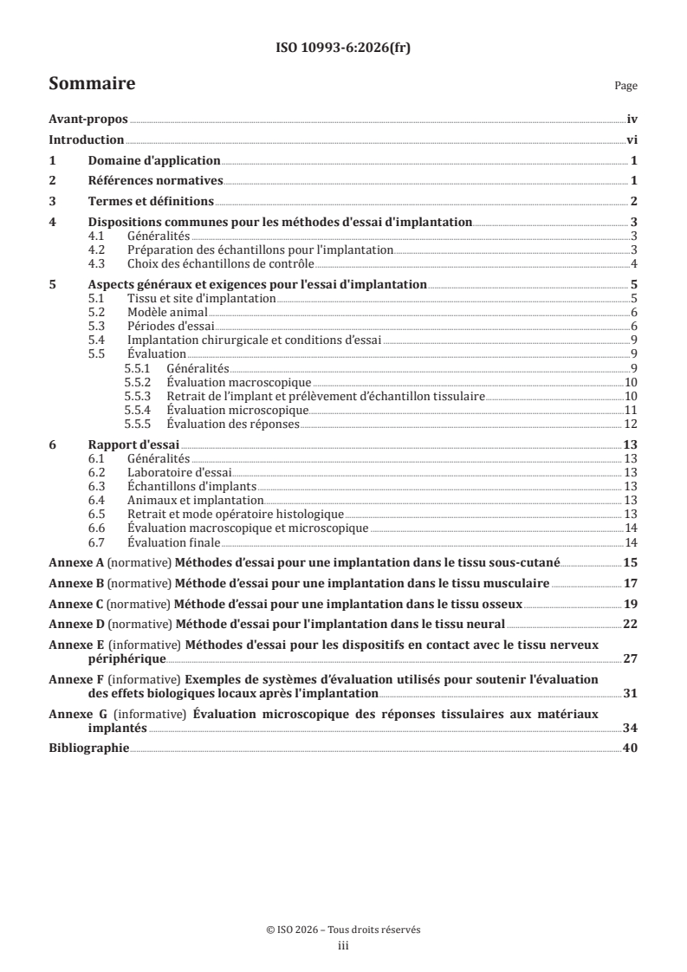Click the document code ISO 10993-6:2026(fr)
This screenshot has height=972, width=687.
[343, 49]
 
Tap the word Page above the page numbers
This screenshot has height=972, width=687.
[625, 87]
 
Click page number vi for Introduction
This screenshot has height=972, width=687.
[632, 140]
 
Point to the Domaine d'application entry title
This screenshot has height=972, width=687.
[154, 161]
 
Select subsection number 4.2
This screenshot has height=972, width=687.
[100, 249]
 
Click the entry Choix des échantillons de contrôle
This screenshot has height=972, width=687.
[220, 263]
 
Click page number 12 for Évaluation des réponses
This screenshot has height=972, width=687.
[632, 424]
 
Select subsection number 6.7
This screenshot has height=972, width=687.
[100, 542]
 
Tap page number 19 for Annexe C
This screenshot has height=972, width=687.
[632, 604]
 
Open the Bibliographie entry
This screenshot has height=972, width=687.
[89, 748]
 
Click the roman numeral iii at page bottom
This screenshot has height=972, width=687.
[343, 946]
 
